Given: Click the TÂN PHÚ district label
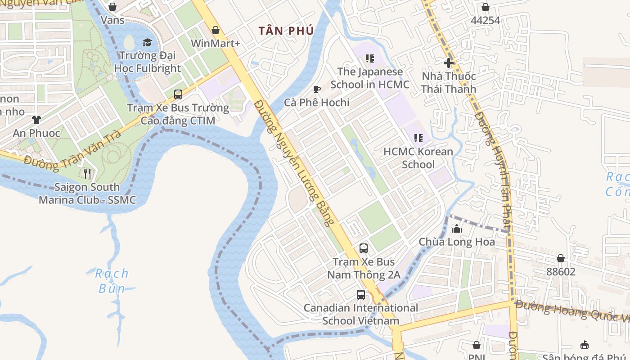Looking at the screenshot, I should tap(286, 31).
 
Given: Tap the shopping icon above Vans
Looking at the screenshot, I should tap(112, 7).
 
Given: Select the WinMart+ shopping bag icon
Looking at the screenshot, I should tap(216, 30).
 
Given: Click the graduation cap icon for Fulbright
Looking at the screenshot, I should tap(147, 43).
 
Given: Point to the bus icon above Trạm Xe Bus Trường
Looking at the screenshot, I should tap(178, 94).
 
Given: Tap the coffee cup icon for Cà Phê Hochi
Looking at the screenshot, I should tap(317, 89).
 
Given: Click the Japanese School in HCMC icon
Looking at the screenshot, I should tap(370, 58).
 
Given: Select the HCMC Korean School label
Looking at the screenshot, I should tap(418, 158).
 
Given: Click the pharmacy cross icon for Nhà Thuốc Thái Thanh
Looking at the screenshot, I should tap(449, 63).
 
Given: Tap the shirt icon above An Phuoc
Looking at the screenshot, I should tap(36, 120).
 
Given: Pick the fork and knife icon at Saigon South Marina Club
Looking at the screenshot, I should tap(87, 173).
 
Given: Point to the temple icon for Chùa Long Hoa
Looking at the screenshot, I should tap(457, 229).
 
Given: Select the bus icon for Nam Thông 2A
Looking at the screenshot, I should tap(364, 248).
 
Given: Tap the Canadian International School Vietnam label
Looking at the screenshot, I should tap(361, 314).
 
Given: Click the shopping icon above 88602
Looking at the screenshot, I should tap(561, 258).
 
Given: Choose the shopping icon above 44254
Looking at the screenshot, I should tap(486, 7).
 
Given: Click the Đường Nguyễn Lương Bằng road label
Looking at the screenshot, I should tap(295, 162).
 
